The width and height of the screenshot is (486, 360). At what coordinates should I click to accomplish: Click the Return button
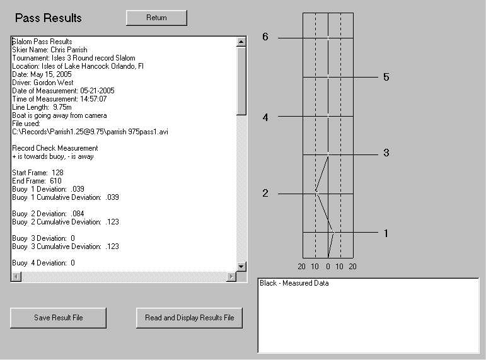tap(156, 18)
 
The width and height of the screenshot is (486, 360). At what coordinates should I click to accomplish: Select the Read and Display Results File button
tap(189, 318)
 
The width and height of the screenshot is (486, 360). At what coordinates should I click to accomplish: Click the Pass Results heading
tap(49, 18)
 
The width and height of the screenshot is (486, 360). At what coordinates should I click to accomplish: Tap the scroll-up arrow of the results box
tap(241, 42)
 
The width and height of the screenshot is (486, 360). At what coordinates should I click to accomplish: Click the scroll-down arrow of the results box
tap(241, 266)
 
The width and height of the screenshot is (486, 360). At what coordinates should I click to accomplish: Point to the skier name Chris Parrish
tap(69, 50)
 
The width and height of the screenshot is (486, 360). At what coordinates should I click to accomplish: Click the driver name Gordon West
tap(54, 83)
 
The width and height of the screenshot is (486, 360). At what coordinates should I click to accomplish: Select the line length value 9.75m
tap(62, 107)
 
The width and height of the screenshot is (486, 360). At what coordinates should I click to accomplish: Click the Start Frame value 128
tap(57, 173)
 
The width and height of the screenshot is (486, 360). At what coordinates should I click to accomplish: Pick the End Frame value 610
tap(55, 181)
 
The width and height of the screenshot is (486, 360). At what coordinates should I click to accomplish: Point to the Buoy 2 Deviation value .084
tap(78, 214)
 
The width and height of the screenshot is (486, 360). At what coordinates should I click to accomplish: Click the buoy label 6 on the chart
tap(265, 37)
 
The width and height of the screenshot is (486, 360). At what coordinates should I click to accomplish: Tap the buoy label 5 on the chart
tap(386, 77)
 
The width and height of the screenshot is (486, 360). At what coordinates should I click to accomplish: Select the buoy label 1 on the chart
tap(386, 233)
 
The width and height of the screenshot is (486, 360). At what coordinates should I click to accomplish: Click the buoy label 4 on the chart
tap(265, 117)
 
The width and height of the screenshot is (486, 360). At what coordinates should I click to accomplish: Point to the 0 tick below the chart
tap(328, 267)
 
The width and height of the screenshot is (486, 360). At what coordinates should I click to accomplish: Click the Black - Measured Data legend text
tap(294, 283)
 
